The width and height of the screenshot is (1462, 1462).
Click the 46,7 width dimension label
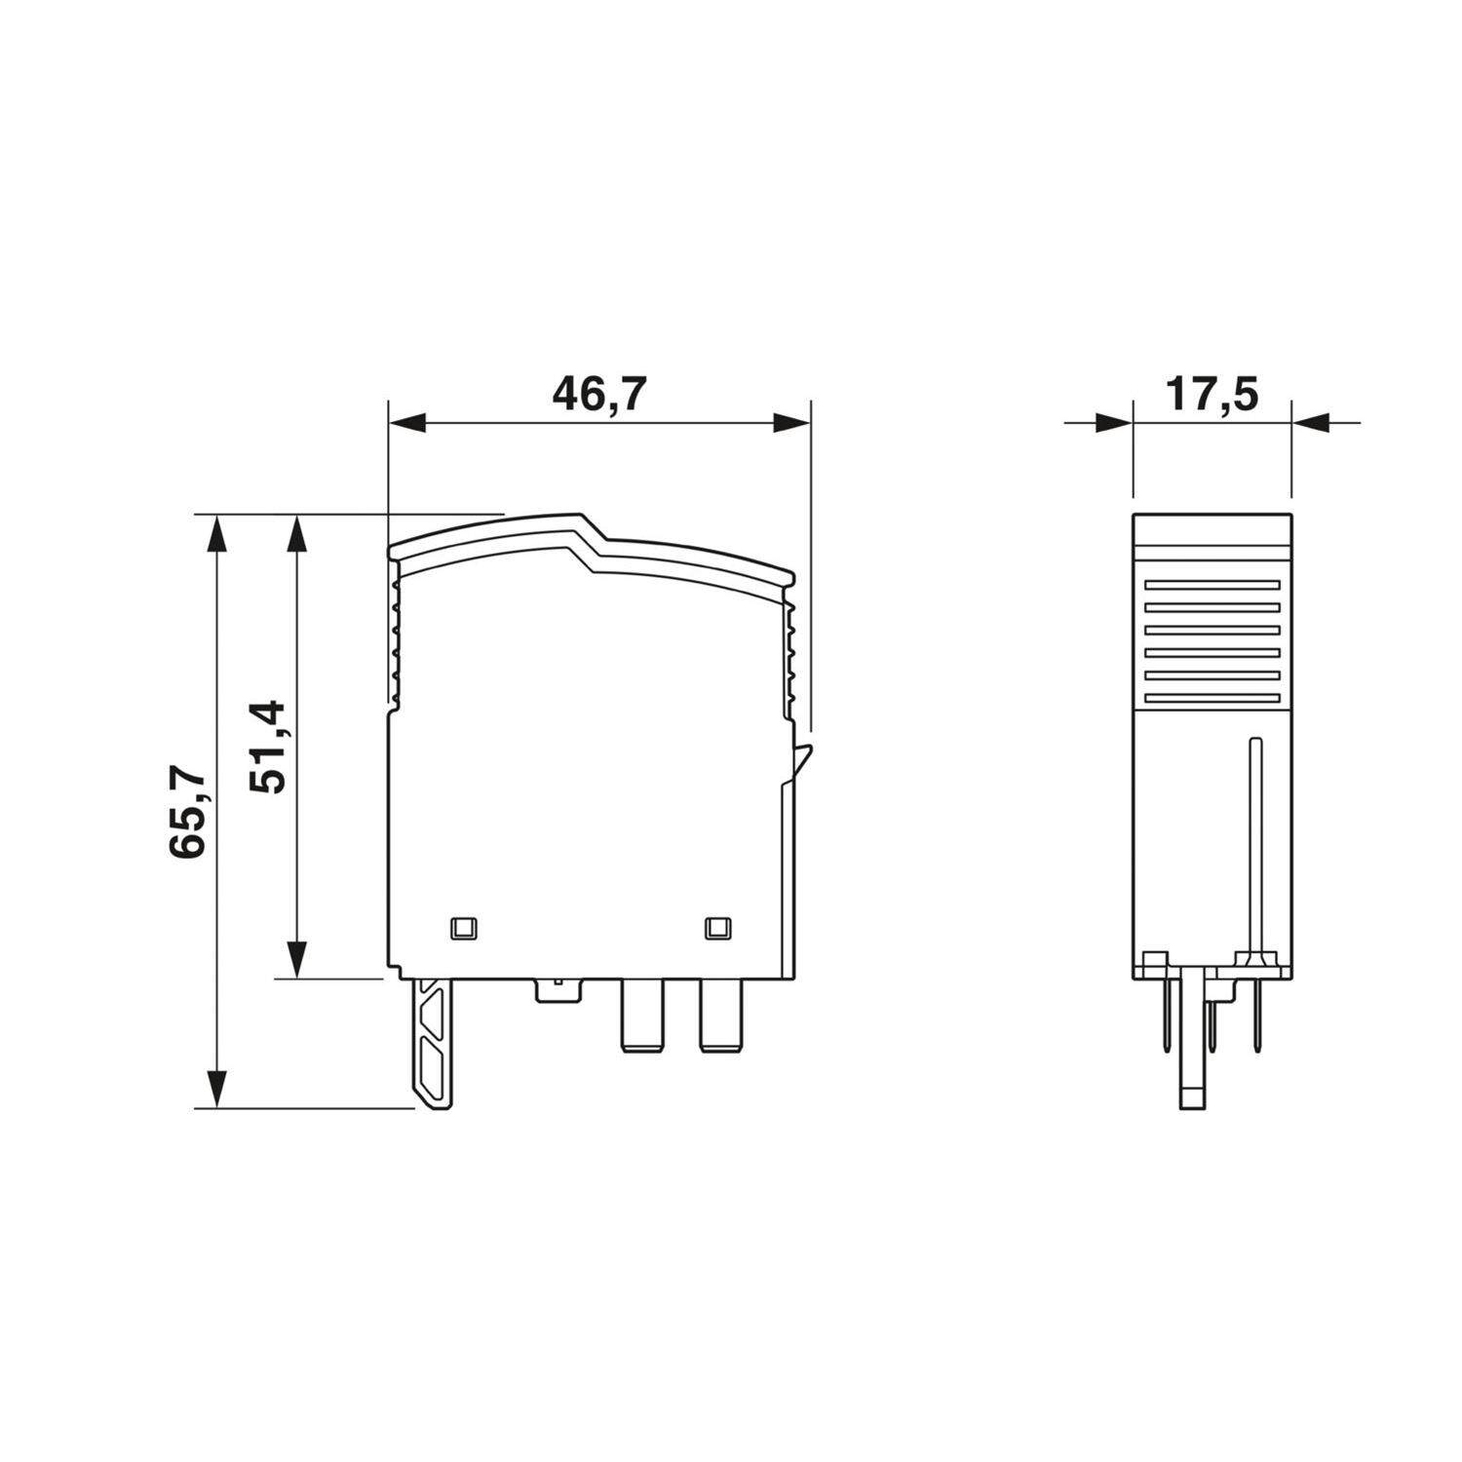pos(599,394)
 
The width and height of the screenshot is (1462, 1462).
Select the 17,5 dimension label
pos(1212,394)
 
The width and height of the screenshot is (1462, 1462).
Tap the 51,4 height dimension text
pos(265,746)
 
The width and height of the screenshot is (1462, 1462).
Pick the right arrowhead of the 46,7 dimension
pos(790,423)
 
